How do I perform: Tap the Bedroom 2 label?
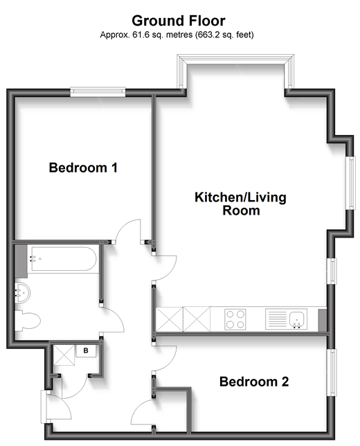[x=253, y=382]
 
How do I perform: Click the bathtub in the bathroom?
[x=61, y=260]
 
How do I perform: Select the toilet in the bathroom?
[x=28, y=321]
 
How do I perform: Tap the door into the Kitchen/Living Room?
[x=163, y=267]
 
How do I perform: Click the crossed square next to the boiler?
[x=64, y=355]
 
